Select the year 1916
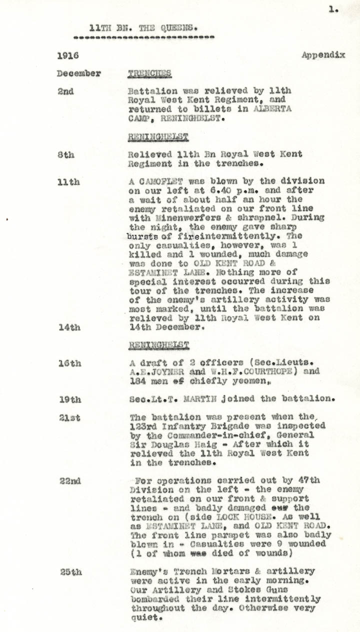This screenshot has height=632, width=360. tap(67, 55)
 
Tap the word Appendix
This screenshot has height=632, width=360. tap(323, 55)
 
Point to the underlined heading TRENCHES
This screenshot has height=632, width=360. tap(149, 73)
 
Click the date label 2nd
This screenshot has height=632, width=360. tap(65, 91)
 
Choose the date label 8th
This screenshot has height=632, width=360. tap(65, 155)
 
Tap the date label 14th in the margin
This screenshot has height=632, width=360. tap(68, 328)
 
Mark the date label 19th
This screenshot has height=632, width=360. tap(68, 400)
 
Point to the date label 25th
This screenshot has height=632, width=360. tap(70, 572)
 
